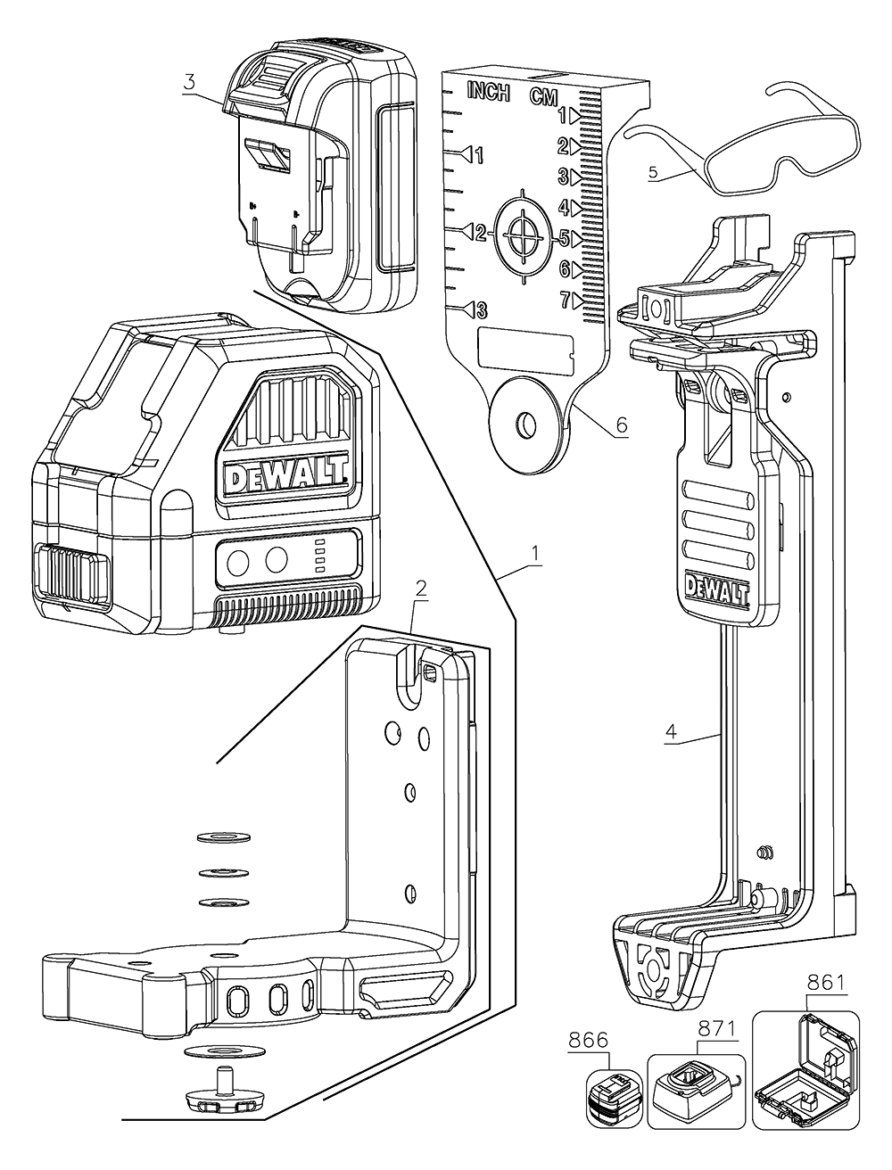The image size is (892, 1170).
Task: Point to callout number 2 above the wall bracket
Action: pos(421,588)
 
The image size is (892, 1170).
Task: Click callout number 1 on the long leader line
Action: pos(535,554)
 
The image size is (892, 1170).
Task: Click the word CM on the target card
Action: pos(544,96)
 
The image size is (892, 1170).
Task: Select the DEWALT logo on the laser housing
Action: pos(285,479)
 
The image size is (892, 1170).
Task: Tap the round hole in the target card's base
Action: pos(526,419)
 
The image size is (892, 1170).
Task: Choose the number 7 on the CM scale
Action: pos(565,301)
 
